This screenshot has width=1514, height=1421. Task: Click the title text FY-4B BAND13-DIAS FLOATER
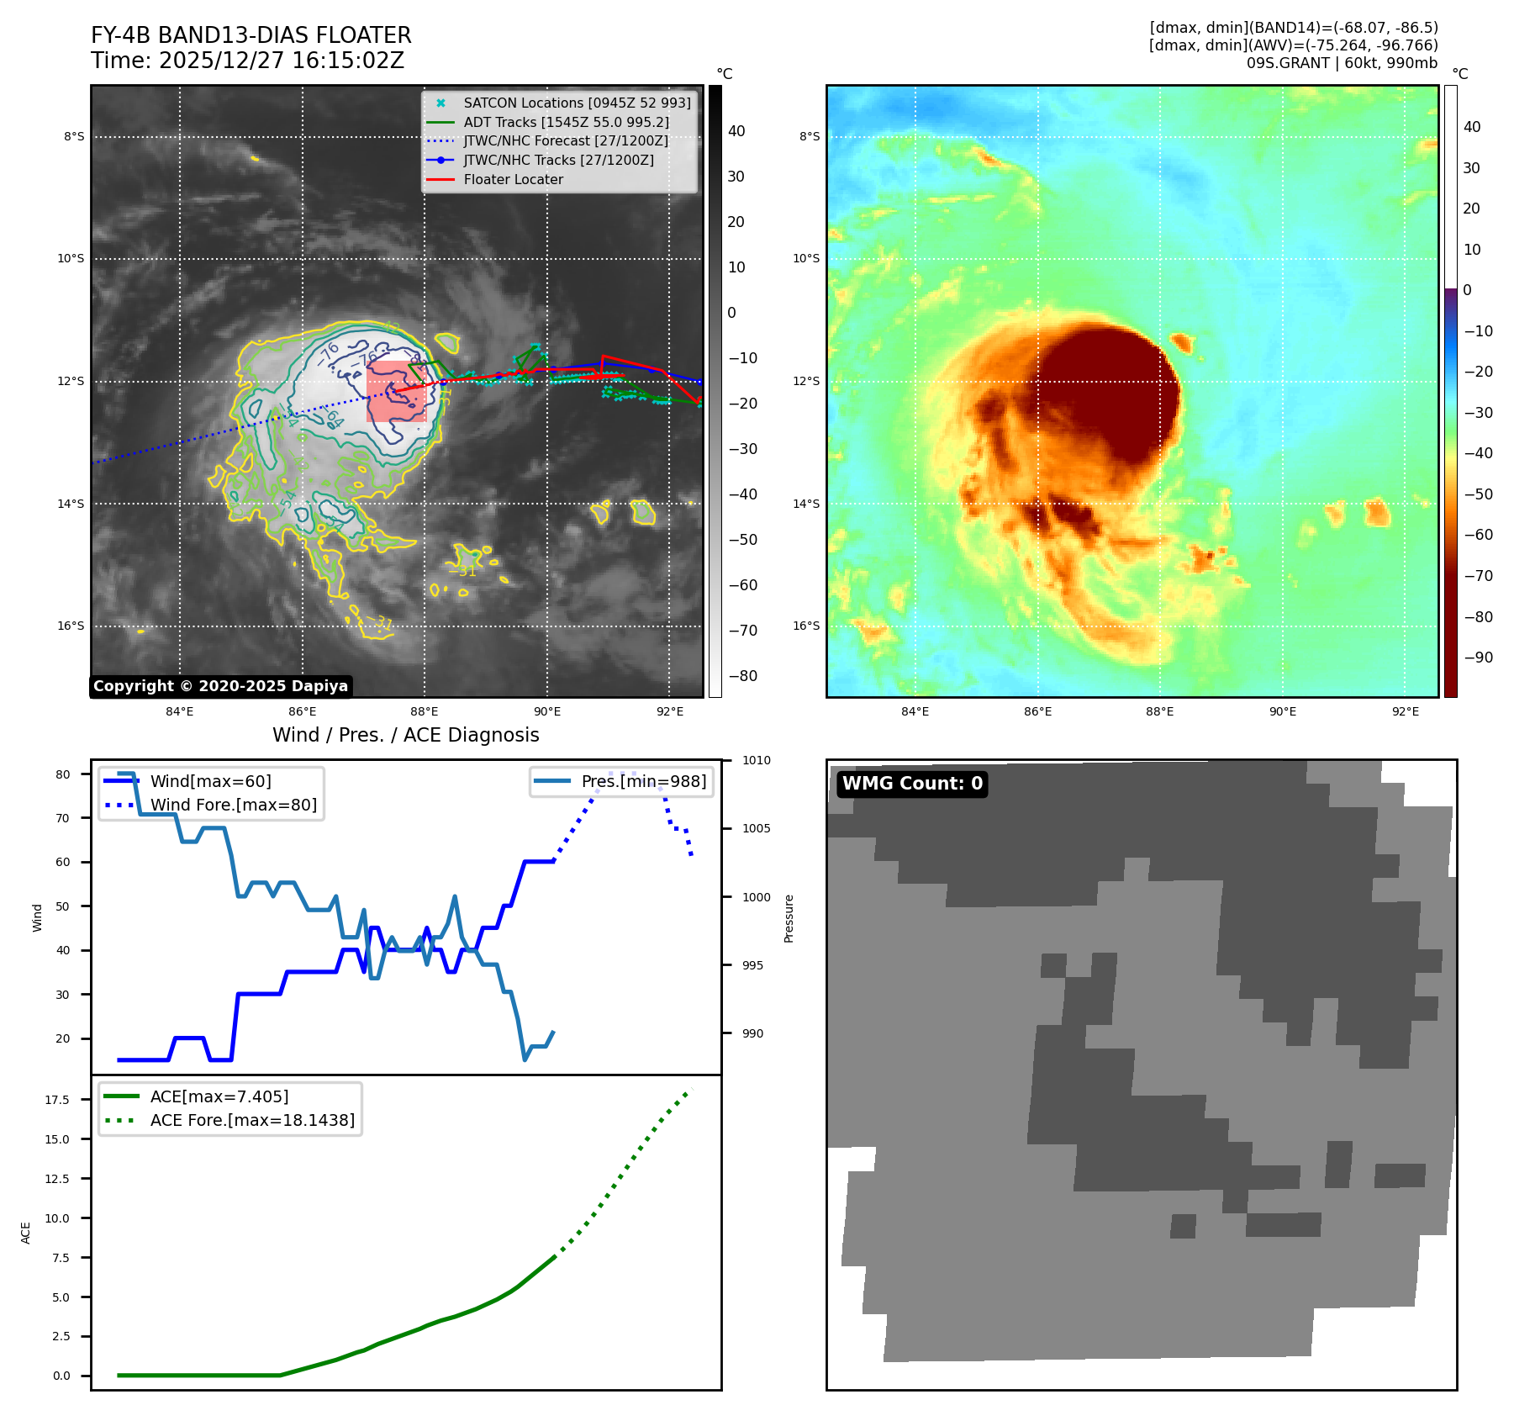[251, 35]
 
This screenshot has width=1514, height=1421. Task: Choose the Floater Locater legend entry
[513, 179]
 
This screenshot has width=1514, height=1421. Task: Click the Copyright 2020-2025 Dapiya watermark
[220, 686]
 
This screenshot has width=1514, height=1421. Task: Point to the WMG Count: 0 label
[912, 784]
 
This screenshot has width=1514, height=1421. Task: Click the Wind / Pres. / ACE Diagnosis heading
[405, 735]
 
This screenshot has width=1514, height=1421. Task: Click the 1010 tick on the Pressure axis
[756, 760]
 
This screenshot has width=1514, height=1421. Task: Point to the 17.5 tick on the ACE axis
[57, 1100]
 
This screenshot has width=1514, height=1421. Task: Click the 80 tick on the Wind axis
[63, 774]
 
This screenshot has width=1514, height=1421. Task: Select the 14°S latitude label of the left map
[71, 504]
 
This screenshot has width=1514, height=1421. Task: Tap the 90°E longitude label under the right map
[1282, 711]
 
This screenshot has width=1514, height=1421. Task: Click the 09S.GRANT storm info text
[1342, 63]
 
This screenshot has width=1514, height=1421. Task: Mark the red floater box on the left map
[396, 391]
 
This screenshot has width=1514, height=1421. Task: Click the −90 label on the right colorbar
[1478, 658]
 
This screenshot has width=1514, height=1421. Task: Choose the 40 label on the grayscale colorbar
[736, 131]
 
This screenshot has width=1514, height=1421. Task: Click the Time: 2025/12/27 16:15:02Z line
[247, 61]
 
